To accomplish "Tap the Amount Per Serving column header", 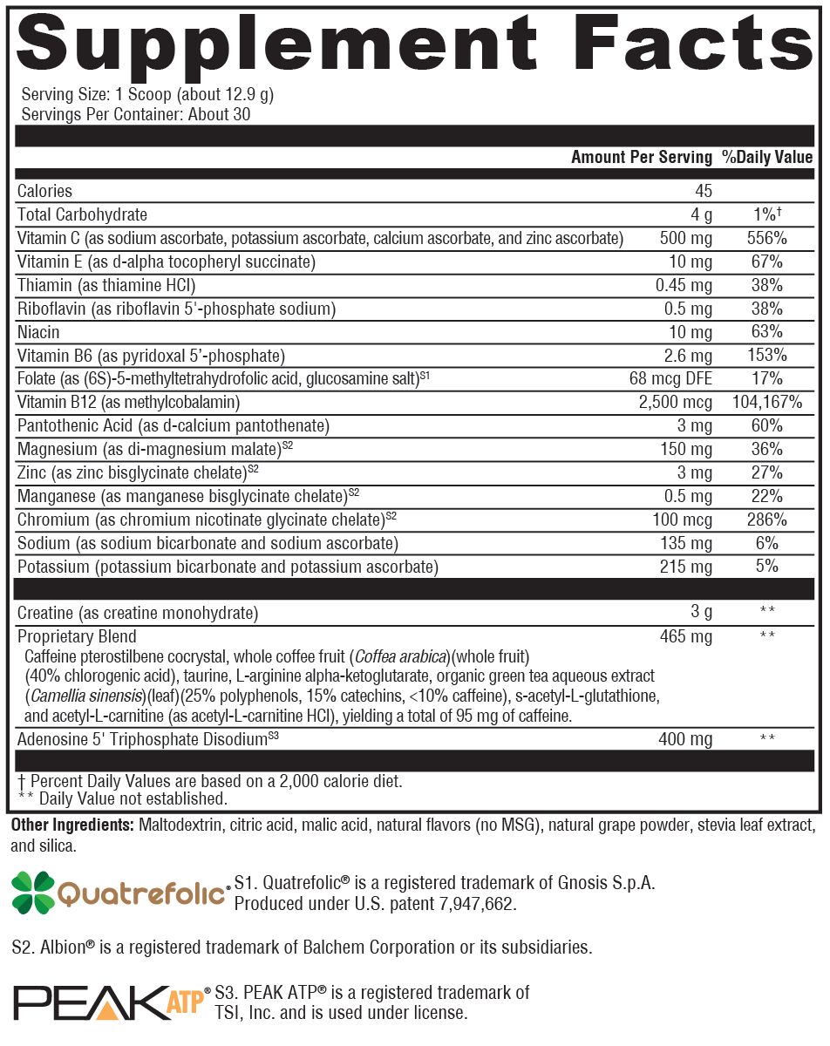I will click(641, 158).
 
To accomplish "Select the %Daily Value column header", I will click(767, 158).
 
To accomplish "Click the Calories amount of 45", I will click(704, 191).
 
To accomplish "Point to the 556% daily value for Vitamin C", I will click(767, 238).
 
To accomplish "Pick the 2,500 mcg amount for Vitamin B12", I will click(677, 403).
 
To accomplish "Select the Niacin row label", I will click(39, 332).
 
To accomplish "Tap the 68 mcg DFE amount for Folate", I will click(670, 379).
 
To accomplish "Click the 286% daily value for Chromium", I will click(767, 520).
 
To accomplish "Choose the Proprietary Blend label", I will click(78, 636).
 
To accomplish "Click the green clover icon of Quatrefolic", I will click(32, 893).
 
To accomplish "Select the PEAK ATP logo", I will click(109, 1003).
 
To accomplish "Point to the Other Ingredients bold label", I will click(71, 825).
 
